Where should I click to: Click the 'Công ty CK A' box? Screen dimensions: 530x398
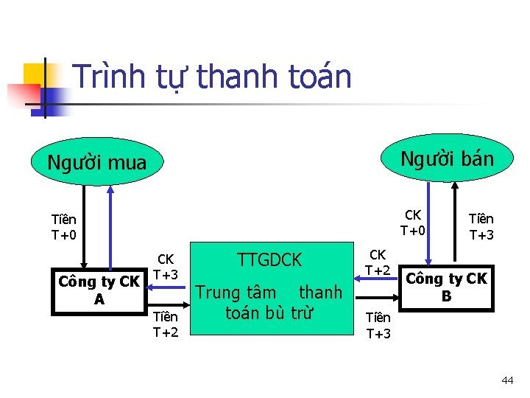pos(99,290)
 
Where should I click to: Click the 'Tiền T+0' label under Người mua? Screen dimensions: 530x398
pos(64,227)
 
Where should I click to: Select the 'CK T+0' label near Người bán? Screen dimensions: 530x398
pos(413,222)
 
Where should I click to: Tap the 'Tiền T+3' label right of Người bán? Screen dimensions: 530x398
pos(481,227)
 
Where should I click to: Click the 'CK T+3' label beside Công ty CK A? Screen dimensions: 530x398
pos(166,267)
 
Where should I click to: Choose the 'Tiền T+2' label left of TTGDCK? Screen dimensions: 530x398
pos(166,324)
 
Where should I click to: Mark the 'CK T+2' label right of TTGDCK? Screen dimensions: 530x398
pos(378,262)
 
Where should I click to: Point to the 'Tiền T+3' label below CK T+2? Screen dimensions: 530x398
pos(378,325)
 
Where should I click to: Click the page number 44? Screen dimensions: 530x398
pos(507,380)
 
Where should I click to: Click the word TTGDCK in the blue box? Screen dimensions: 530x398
pos(269,259)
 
